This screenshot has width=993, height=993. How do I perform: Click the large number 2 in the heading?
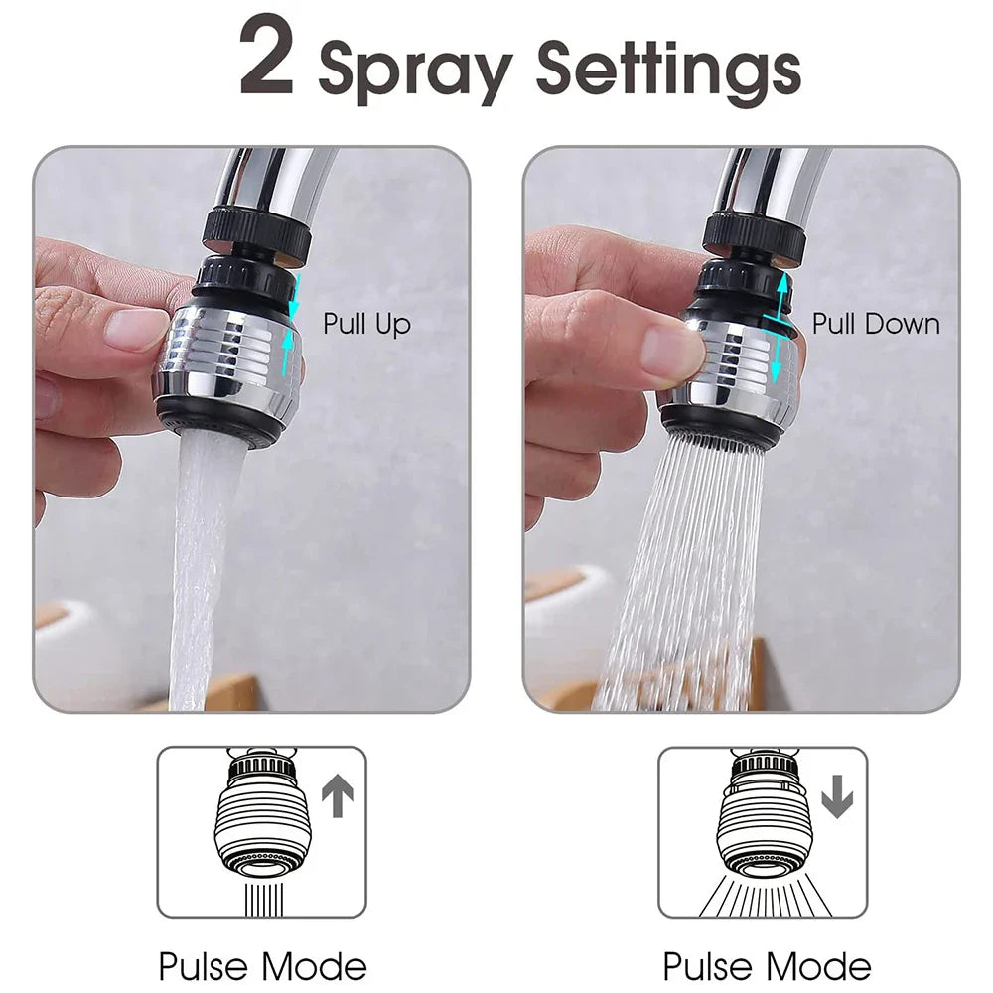(267, 60)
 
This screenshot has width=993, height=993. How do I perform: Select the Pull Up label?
(366, 324)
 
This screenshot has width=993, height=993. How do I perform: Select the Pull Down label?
(876, 324)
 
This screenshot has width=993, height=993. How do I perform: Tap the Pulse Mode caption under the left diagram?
(262, 965)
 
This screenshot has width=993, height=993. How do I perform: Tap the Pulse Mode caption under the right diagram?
(767, 965)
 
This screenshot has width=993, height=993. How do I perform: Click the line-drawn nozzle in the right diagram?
(765, 814)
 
